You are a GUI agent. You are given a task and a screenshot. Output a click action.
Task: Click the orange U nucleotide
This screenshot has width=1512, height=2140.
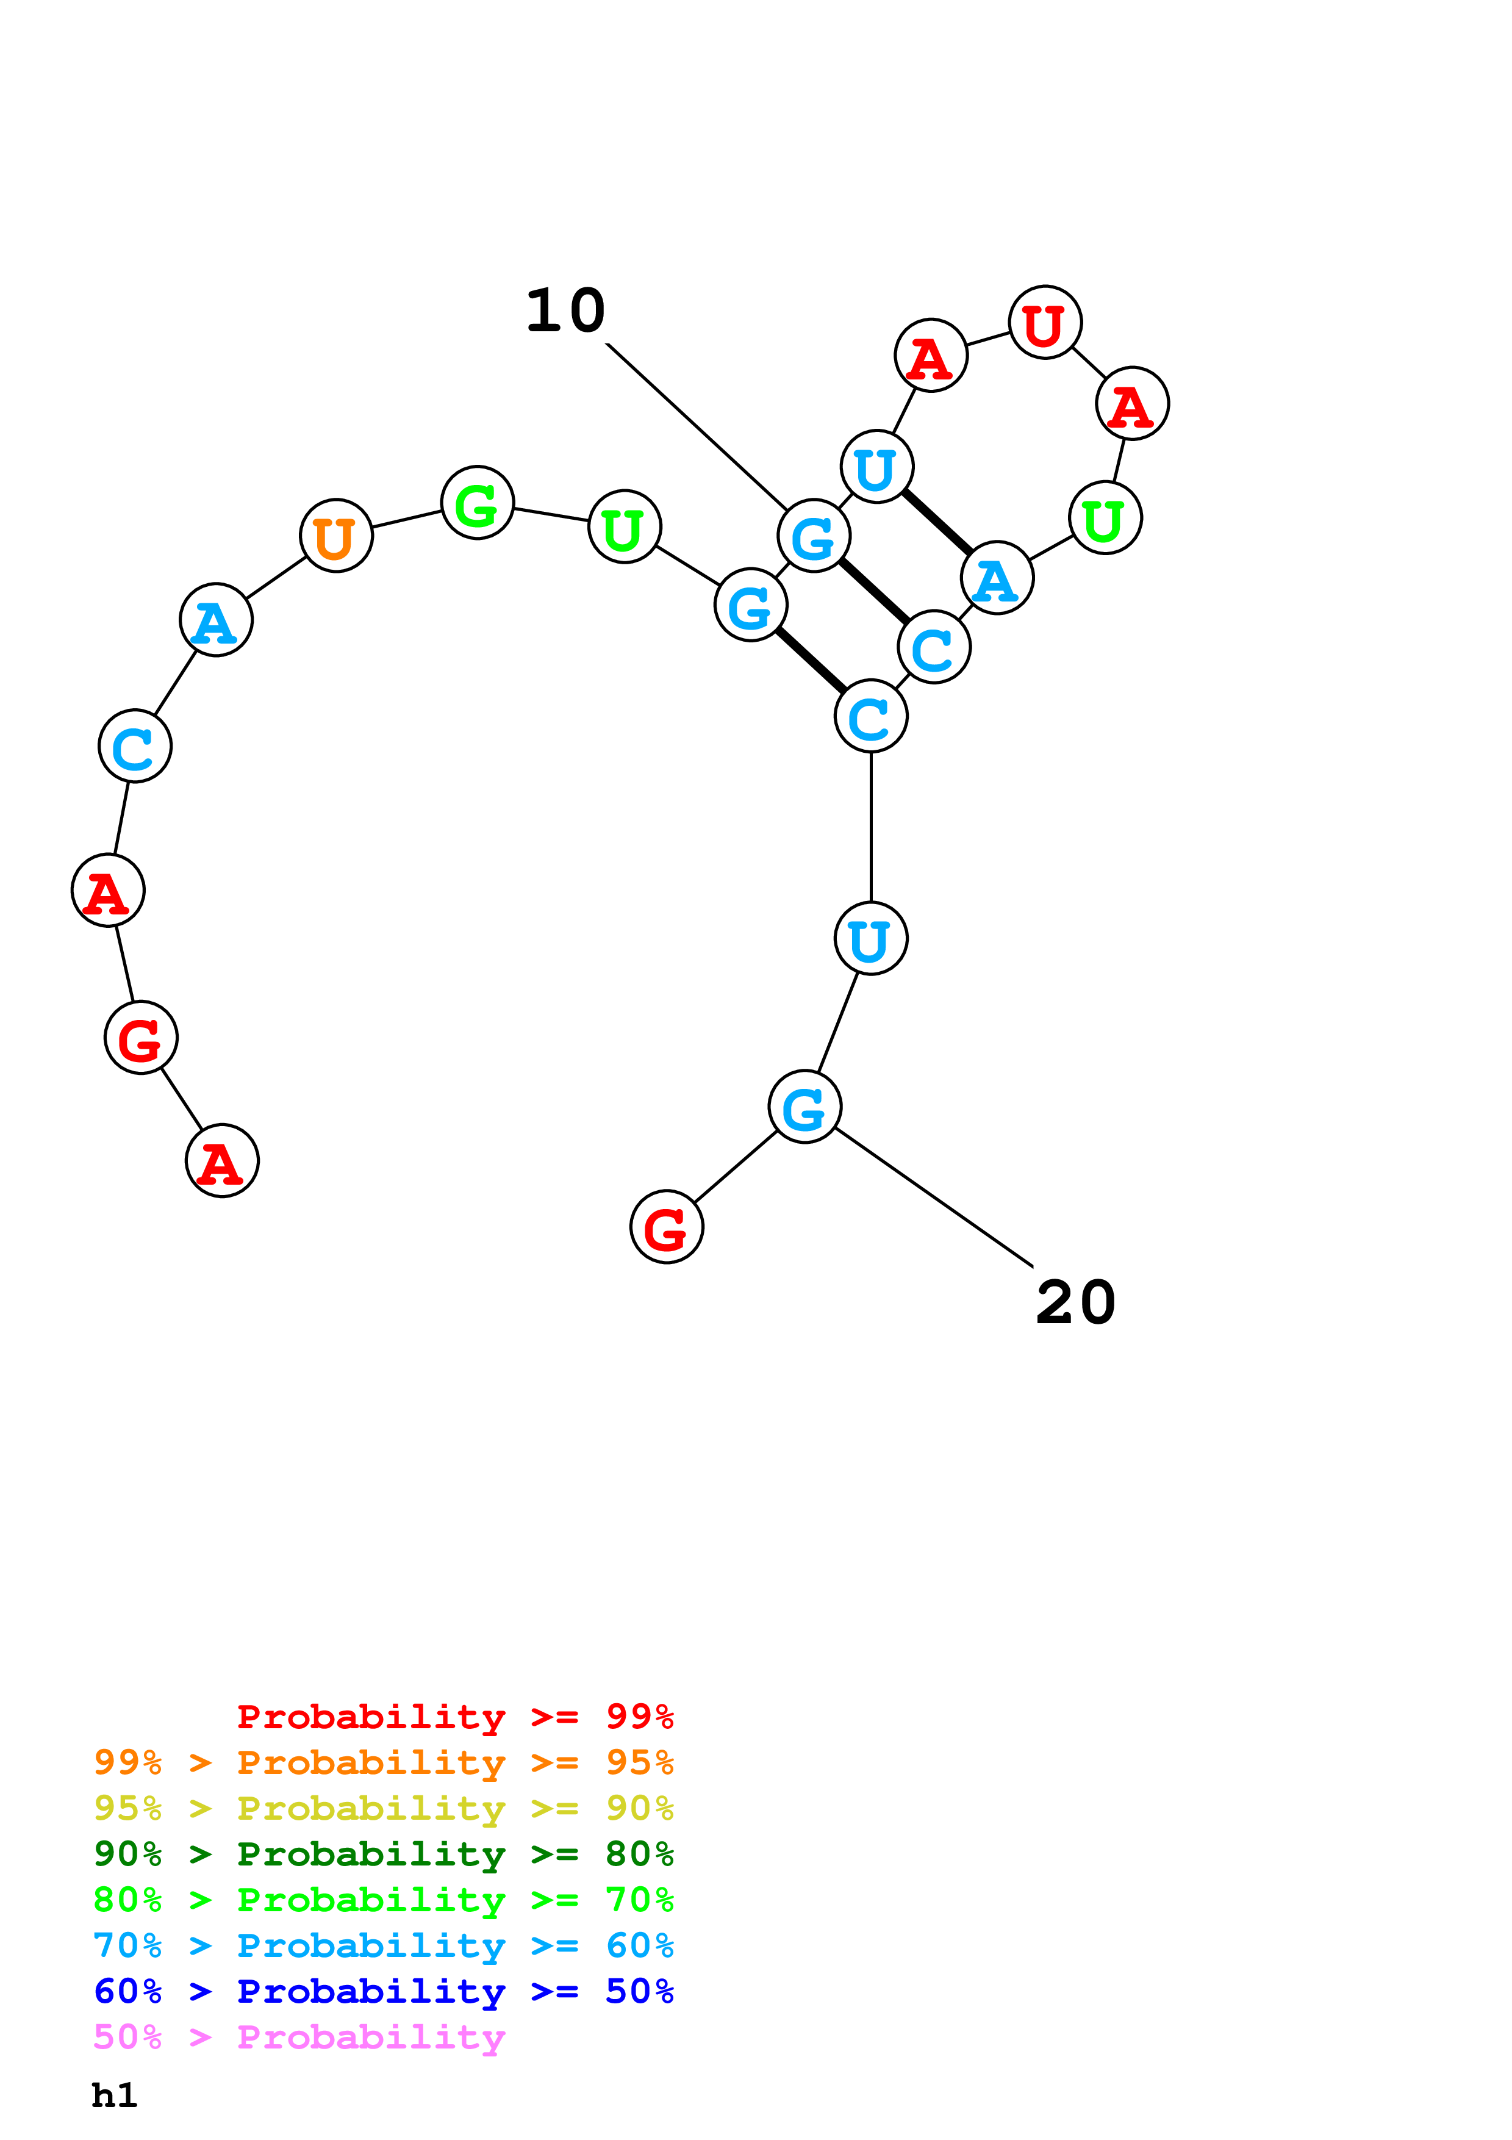click(x=336, y=536)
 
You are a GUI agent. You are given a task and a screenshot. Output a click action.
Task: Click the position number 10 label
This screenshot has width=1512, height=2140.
click(x=565, y=311)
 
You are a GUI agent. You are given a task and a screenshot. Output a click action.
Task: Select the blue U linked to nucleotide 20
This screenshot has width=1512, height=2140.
click(x=871, y=939)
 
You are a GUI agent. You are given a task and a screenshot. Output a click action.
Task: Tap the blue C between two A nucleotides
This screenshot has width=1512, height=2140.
click(x=135, y=745)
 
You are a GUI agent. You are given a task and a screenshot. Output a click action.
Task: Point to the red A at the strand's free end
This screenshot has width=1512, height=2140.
click(x=223, y=1162)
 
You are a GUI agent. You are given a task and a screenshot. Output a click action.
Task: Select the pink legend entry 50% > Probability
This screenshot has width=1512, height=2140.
click(x=299, y=2038)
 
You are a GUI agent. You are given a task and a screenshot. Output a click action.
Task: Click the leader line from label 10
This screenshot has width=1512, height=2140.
click(x=697, y=425)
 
